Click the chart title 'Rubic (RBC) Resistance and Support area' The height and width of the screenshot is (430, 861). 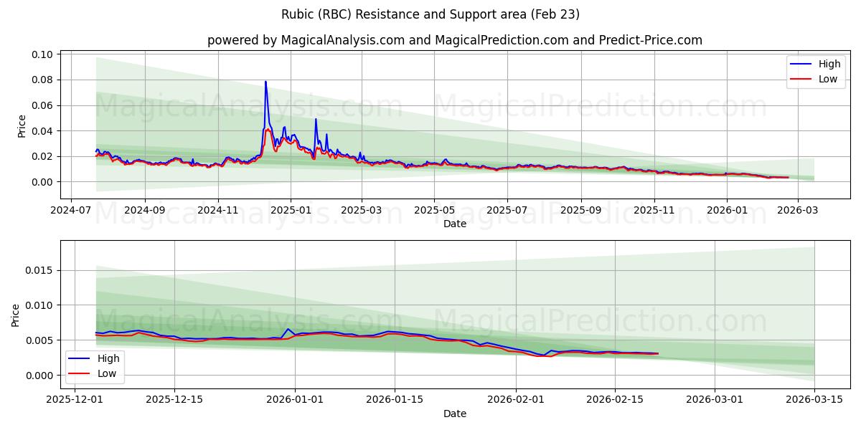point(430,14)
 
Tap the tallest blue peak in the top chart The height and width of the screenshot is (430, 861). point(265,82)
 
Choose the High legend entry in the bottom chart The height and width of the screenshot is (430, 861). point(108,358)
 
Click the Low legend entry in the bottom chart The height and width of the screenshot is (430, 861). point(107,373)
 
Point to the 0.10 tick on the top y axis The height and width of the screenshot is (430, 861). point(42,54)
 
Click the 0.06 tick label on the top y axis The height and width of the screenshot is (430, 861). point(42,105)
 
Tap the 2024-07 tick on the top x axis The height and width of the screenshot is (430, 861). point(70,209)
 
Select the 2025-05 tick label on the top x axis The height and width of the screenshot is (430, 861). point(434,209)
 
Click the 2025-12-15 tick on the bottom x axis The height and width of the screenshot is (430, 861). point(174,399)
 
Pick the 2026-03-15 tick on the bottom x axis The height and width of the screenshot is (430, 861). point(814,399)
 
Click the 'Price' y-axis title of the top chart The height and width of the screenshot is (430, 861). point(22,126)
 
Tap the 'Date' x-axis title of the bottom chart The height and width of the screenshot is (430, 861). point(455,414)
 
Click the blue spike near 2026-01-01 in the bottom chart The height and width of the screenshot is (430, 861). point(288,329)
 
